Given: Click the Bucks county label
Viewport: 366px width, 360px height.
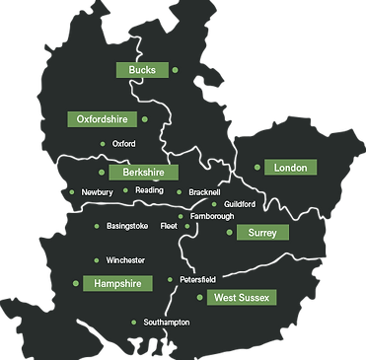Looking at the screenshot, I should coord(142,70).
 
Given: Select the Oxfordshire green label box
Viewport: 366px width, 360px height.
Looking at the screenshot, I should coord(103,119).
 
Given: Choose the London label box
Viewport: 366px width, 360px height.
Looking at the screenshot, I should coord(291,168).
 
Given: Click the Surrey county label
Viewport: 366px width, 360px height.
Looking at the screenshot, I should coord(262,233).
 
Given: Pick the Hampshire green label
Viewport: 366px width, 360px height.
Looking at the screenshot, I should coord(117,283).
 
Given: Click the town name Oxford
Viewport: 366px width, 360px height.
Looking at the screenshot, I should coord(123,144).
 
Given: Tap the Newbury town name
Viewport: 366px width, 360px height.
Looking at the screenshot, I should coord(97,192).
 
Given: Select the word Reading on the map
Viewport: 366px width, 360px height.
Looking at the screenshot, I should coord(149,190).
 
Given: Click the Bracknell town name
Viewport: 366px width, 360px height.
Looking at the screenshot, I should coord(204,192).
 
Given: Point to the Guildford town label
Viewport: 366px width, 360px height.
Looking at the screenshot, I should coord(240,204).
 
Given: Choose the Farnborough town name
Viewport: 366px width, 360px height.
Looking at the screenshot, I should coord(212,216).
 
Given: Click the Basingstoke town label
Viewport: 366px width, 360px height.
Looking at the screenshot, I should coord(127,226).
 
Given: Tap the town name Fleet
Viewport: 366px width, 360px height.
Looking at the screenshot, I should coord(168,226).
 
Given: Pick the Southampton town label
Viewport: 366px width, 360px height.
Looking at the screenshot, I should coord(166,323).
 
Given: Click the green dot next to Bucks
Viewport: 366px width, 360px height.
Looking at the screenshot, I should coord(175,70).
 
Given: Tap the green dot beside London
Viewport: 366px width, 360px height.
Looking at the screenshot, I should coord(256,168).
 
